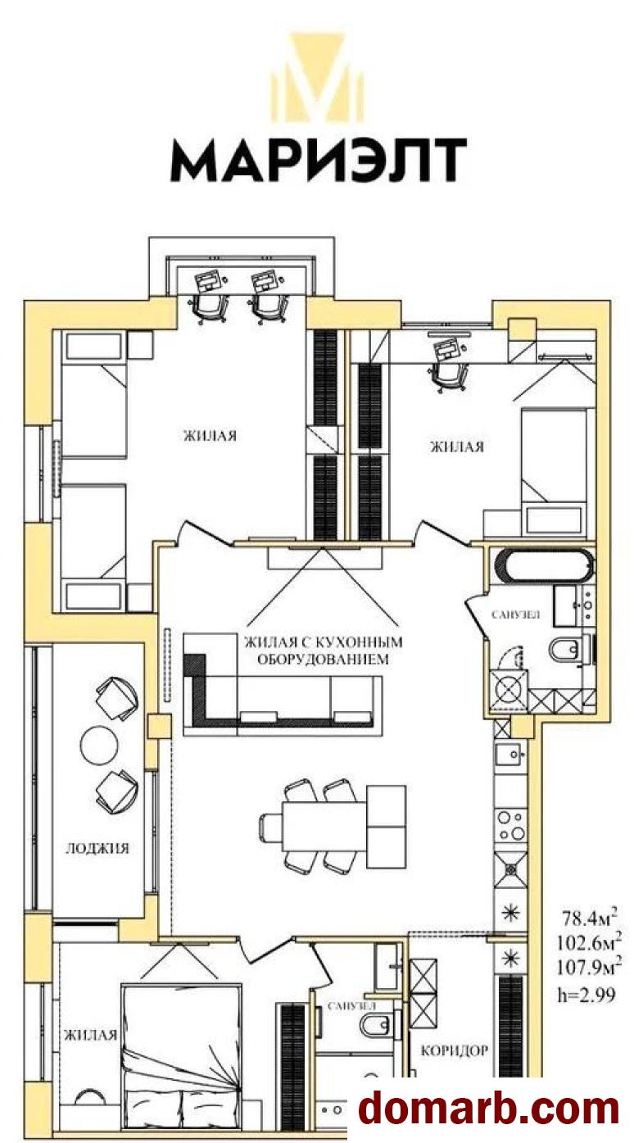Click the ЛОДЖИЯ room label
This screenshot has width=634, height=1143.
tap(97, 848)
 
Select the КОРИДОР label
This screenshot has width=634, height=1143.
tap(454, 1050)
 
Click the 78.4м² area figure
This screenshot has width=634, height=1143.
tap(588, 918)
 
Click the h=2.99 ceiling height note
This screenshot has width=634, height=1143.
tap(586, 993)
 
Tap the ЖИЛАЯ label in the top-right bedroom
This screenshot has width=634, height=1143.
tap(457, 447)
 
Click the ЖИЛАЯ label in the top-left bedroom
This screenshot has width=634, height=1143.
tap(211, 435)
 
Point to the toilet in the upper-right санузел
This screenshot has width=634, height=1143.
tap(566, 650)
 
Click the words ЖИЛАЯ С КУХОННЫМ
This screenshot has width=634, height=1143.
tap(324, 641)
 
